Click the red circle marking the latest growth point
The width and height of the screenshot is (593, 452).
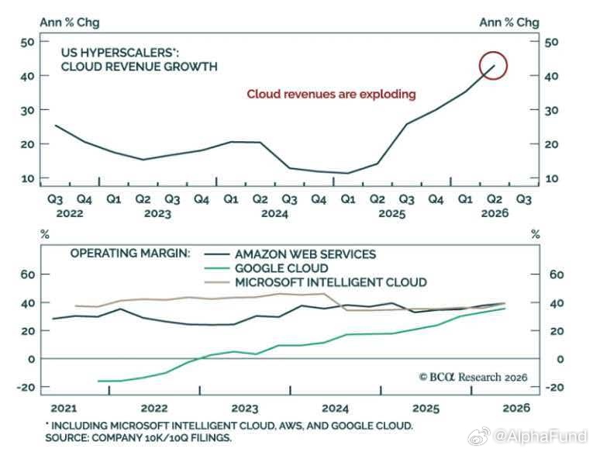coord(493,53)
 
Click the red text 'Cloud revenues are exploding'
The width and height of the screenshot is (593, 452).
coord(331,94)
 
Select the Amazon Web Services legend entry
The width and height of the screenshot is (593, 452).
coord(290,254)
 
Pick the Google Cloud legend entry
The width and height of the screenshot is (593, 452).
coord(266,268)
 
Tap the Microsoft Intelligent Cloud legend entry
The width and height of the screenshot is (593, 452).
coord(315,282)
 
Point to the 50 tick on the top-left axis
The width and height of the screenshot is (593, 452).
coord(28,42)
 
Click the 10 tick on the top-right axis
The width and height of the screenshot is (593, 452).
coord(551,178)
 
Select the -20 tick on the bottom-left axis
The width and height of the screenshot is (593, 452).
coord(26,387)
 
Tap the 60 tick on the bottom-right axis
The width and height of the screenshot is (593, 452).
coord(557,274)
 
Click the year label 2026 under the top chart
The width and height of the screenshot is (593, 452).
coord(495,213)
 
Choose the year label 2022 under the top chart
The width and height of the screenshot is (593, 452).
coord(70,213)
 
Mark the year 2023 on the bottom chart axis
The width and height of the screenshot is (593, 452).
coord(245,409)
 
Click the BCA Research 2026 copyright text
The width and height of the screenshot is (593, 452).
coord(473,377)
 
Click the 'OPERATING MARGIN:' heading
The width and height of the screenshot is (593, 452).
coord(130,253)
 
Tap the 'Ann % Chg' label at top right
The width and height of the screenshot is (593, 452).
coord(509,22)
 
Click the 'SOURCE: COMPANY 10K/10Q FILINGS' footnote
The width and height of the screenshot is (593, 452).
coord(138,438)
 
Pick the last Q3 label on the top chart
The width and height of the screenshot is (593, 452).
coord(524,199)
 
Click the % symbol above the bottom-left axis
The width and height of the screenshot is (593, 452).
coord(45,234)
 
